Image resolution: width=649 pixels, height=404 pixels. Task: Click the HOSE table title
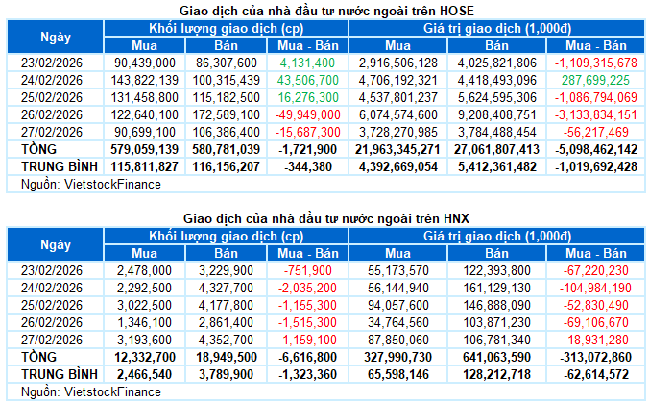tap(325, 10)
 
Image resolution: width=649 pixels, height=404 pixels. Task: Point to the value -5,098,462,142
tap(589, 150)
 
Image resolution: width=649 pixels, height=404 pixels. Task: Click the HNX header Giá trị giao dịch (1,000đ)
tap(496, 237)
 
